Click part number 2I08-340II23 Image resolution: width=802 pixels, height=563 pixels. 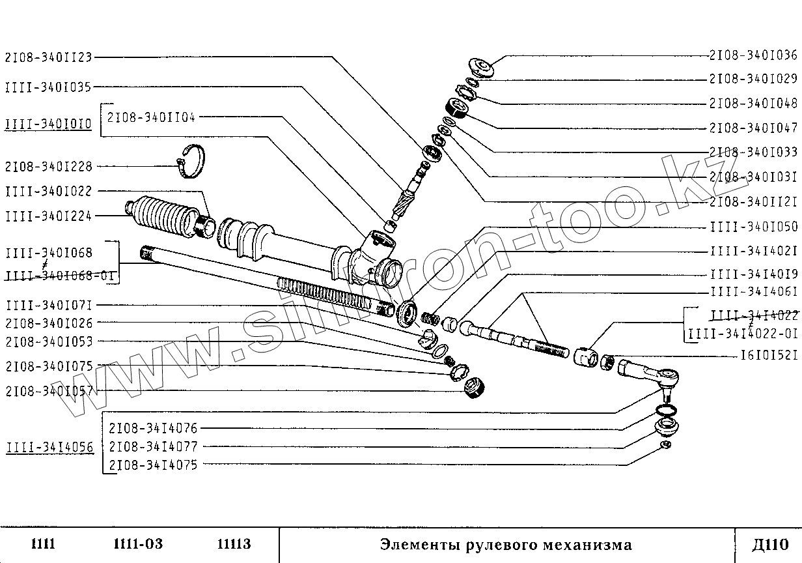49,57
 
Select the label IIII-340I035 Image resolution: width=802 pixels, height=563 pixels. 49,87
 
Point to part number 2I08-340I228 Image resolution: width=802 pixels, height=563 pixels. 49,166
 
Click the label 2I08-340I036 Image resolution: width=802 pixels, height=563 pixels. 753,55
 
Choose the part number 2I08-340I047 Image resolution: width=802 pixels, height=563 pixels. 753,128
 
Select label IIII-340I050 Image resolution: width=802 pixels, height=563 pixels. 753,227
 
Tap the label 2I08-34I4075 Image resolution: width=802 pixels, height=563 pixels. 153,465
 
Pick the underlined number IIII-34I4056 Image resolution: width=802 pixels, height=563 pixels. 49,447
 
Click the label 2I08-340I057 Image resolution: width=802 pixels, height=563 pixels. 49,391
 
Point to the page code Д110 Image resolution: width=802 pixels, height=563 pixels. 769,544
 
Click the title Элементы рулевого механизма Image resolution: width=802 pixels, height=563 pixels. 506,544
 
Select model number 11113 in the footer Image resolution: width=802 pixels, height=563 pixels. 234,544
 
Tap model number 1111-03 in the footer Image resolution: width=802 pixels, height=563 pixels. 138,544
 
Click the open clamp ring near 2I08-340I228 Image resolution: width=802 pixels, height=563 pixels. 192,160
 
